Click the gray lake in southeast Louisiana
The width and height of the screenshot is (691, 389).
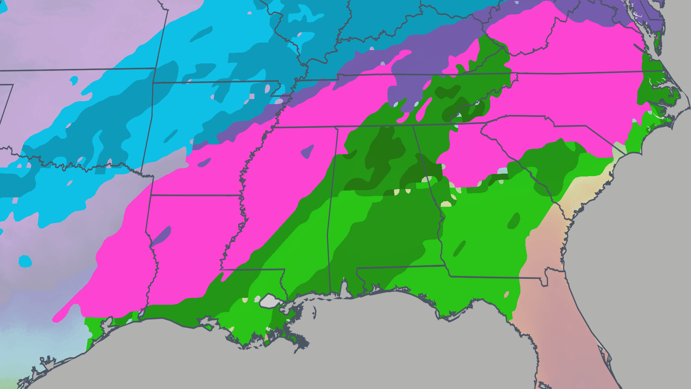269,301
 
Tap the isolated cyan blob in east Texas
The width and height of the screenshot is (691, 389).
25,261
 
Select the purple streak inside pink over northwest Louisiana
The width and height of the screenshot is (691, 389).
161,236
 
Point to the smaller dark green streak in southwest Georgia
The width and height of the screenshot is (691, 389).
459,249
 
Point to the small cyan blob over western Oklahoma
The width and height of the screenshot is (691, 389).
74,80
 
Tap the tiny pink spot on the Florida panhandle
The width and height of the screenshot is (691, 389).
507,294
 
